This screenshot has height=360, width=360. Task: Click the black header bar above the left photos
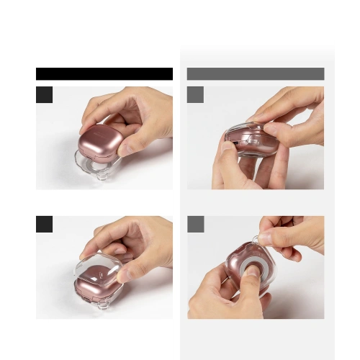[104, 73]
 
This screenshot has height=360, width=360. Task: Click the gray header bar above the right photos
[256, 73]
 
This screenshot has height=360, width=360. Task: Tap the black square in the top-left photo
[45, 94]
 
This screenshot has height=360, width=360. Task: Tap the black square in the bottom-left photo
[45, 224]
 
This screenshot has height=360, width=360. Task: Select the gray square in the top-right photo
[195, 94]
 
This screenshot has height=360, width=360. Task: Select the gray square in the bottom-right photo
[195, 224]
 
